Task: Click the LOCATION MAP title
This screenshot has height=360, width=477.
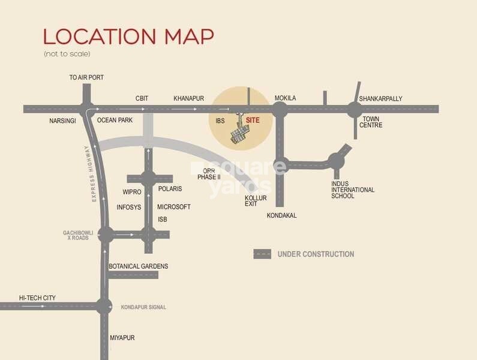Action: (x=128, y=36)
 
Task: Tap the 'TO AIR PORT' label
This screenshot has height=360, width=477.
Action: (x=86, y=78)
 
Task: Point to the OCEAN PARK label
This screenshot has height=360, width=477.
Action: (x=115, y=120)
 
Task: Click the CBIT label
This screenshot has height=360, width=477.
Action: (x=142, y=98)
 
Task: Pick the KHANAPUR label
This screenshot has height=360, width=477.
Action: (x=189, y=98)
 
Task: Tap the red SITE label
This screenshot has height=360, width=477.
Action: (x=253, y=121)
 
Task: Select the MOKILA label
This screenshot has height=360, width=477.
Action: (x=285, y=98)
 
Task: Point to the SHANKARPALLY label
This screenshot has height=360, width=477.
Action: (x=380, y=99)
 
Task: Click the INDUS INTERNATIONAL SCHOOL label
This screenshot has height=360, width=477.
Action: (x=353, y=190)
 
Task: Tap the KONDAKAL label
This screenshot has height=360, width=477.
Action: (x=281, y=215)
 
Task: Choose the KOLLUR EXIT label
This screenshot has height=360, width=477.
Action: (x=256, y=201)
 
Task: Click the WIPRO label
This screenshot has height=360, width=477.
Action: (x=132, y=192)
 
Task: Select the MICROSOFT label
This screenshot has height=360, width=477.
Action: (x=173, y=207)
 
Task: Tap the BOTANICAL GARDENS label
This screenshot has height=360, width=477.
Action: (x=138, y=266)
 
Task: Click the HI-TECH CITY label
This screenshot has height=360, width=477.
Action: (x=37, y=298)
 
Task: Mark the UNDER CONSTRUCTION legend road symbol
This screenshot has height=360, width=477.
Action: (x=262, y=254)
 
